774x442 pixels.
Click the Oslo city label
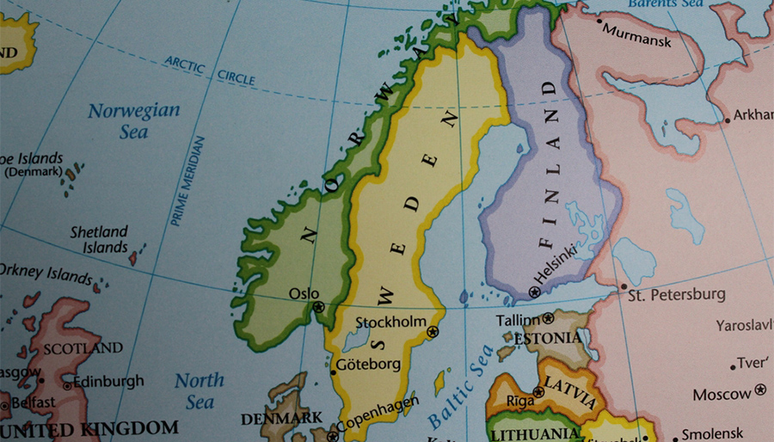tap(304, 293)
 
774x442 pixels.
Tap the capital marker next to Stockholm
tap(433, 332)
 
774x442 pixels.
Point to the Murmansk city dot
tap(599, 21)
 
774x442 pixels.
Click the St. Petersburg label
tap(676, 295)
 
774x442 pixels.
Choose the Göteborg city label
tap(368, 364)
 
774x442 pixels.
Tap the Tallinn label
tap(517, 320)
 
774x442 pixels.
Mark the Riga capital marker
tap(538, 392)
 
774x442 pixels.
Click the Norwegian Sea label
tap(134, 120)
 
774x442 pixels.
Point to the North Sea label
tap(200, 390)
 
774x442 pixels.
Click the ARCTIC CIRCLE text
tap(210, 71)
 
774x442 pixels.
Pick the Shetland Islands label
tap(99, 239)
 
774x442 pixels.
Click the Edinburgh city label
tap(108, 381)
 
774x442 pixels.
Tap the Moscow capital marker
tap(759, 390)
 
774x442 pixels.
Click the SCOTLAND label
tap(83, 348)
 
